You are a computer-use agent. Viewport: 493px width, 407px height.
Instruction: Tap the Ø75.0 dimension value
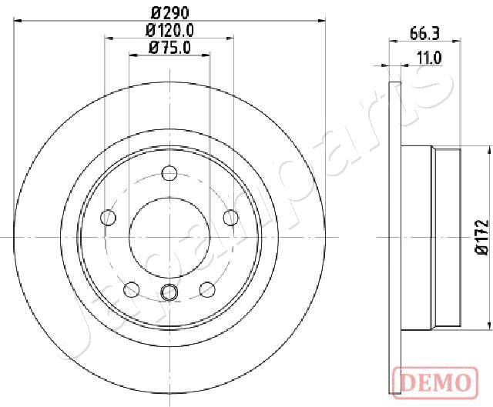pyautogui.click(x=168, y=48)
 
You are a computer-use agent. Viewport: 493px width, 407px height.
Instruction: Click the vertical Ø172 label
pyautogui.click(x=480, y=237)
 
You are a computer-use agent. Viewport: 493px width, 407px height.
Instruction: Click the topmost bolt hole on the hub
pyautogui.click(x=168, y=173)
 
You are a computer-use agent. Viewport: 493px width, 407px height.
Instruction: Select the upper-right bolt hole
pyautogui.click(x=230, y=218)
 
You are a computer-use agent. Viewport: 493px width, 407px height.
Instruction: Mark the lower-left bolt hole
pyautogui.click(x=130, y=289)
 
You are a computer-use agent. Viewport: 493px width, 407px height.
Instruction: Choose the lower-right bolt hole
pyautogui.click(x=206, y=289)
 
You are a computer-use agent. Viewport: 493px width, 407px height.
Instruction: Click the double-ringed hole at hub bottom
pyautogui.click(x=168, y=292)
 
